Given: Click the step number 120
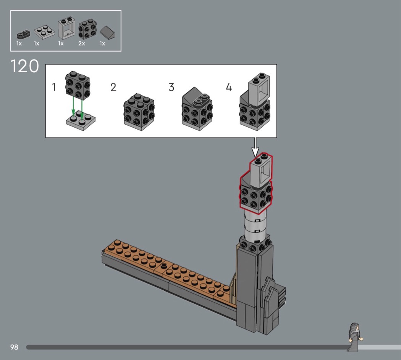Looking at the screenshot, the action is pos(24,66).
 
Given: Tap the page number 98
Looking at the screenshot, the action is pos(15,347).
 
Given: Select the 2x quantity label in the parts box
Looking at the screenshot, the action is pos(82,44).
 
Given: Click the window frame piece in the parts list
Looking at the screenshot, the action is pos(66,28).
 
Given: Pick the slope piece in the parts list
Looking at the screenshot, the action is pos(107,33).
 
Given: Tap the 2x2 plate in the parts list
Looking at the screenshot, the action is pos(44,31).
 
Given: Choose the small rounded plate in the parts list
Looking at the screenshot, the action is pos(23,34).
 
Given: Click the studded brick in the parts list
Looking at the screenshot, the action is pos(87,28).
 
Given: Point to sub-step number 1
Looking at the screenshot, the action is pos(54,87).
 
